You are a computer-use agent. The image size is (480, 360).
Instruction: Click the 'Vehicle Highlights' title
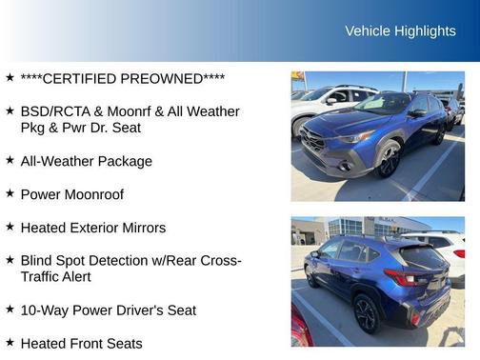click(400, 31)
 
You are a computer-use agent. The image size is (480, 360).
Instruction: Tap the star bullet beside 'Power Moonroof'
click(10, 193)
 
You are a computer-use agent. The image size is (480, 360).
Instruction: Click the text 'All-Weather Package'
click(86, 161)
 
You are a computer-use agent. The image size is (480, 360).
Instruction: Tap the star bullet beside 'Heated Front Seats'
click(10, 342)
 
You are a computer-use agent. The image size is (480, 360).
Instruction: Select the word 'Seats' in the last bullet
click(123, 343)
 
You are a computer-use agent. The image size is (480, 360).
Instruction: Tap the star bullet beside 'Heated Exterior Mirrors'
click(10, 227)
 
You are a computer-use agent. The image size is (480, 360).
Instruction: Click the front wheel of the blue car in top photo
click(389, 160)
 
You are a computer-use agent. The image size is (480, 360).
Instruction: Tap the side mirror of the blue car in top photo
click(417, 112)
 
